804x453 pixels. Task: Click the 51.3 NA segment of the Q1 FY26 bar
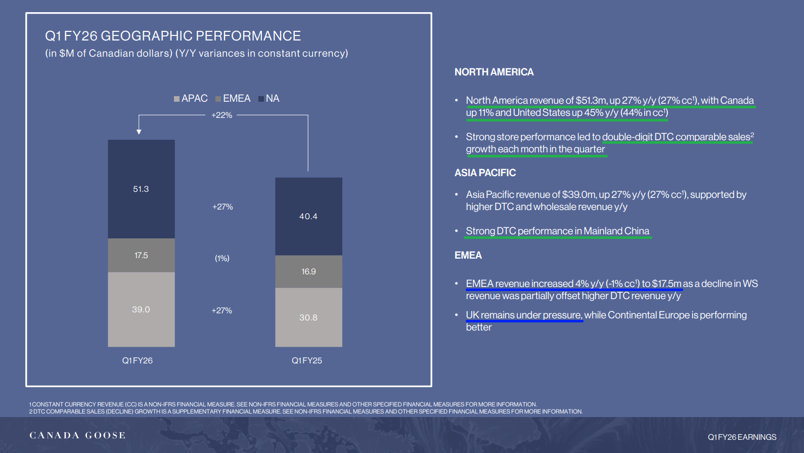pyautogui.click(x=142, y=189)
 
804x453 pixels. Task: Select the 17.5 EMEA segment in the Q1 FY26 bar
pyautogui.click(x=142, y=255)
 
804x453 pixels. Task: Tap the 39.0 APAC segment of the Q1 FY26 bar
pyautogui.click(x=142, y=309)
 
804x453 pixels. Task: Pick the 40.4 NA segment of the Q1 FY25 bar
pyautogui.click(x=308, y=216)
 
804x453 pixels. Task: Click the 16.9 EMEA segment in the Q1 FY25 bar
pyautogui.click(x=308, y=272)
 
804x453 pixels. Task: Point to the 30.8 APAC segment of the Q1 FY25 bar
pyautogui.click(x=308, y=317)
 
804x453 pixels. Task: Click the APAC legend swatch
pyautogui.click(x=176, y=99)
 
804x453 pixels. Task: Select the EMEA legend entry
pyautogui.click(x=233, y=98)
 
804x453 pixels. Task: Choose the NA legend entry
pyautogui.click(x=269, y=98)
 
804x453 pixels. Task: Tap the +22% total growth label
pyautogui.click(x=222, y=115)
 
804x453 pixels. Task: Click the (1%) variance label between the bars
pyautogui.click(x=222, y=258)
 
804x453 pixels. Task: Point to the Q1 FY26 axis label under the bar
pyautogui.click(x=138, y=361)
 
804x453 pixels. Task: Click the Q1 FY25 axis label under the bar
pyautogui.click(x=307, y=361)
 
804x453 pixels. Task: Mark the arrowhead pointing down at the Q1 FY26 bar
pyautogui.click(x=139, y=132)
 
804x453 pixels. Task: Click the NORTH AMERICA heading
pyautogui.click(x=494, y=72)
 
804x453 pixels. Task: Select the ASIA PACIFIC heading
pyautogui.click(x=485, y=173)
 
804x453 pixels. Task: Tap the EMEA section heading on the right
pyautogui.click(x=468, y=256)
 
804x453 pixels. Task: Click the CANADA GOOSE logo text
pyautogui.click(x=77, y=435)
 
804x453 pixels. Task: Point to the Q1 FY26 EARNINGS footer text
pyautogui.click(x=742, y=437)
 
